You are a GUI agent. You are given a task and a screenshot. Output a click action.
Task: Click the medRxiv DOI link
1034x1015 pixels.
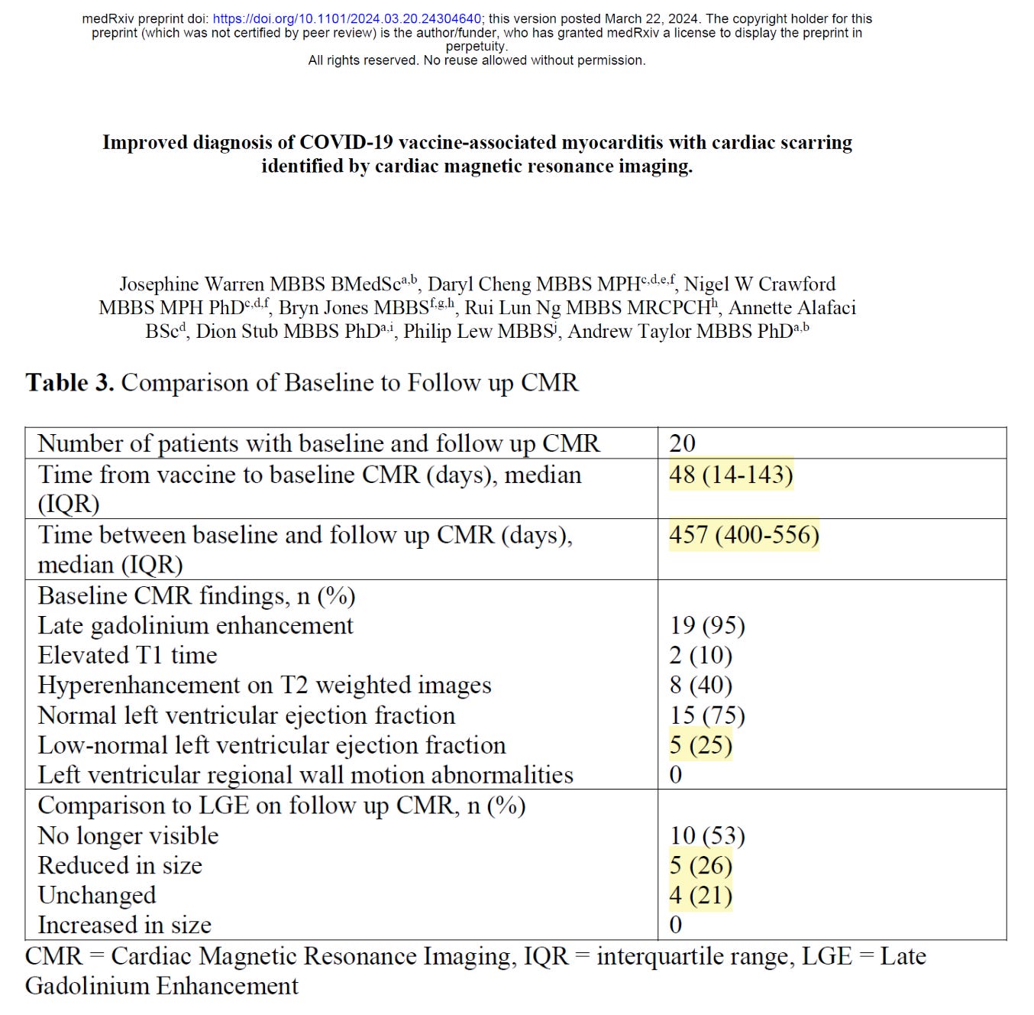(347, 19)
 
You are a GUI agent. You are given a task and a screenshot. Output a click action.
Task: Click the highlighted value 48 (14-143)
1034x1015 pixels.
(731, 475)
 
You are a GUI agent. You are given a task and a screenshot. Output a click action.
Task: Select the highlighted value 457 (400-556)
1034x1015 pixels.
(744, 535)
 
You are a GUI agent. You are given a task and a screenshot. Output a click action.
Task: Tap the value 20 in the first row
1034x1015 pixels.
(682, 443)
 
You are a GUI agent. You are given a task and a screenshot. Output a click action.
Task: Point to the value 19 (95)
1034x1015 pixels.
(707, 625)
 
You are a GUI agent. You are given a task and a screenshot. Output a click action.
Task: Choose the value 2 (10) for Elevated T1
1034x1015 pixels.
(701, 655)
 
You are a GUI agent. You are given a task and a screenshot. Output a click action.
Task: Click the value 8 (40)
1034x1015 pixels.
(701, 685)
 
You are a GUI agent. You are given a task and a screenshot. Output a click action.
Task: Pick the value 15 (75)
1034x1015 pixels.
(707, 715)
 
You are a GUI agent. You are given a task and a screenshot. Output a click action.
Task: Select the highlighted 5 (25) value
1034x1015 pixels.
(701, 745)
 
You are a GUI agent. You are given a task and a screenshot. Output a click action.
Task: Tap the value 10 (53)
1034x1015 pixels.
(707, 835)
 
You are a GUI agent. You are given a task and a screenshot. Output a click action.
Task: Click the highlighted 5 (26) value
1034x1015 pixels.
(701, 865)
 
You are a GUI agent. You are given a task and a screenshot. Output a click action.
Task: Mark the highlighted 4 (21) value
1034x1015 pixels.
(701, 895)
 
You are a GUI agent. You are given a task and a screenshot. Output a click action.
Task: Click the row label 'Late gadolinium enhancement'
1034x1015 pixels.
(195, 625)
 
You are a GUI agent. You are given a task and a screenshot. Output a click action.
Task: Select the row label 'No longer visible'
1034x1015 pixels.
(128, 835)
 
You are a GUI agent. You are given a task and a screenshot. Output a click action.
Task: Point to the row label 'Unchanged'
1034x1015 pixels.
(97, 895)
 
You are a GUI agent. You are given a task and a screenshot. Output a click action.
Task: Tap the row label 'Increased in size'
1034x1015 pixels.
(124, 925)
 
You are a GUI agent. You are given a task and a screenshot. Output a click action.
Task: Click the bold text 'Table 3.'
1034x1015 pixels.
(69, 382)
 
